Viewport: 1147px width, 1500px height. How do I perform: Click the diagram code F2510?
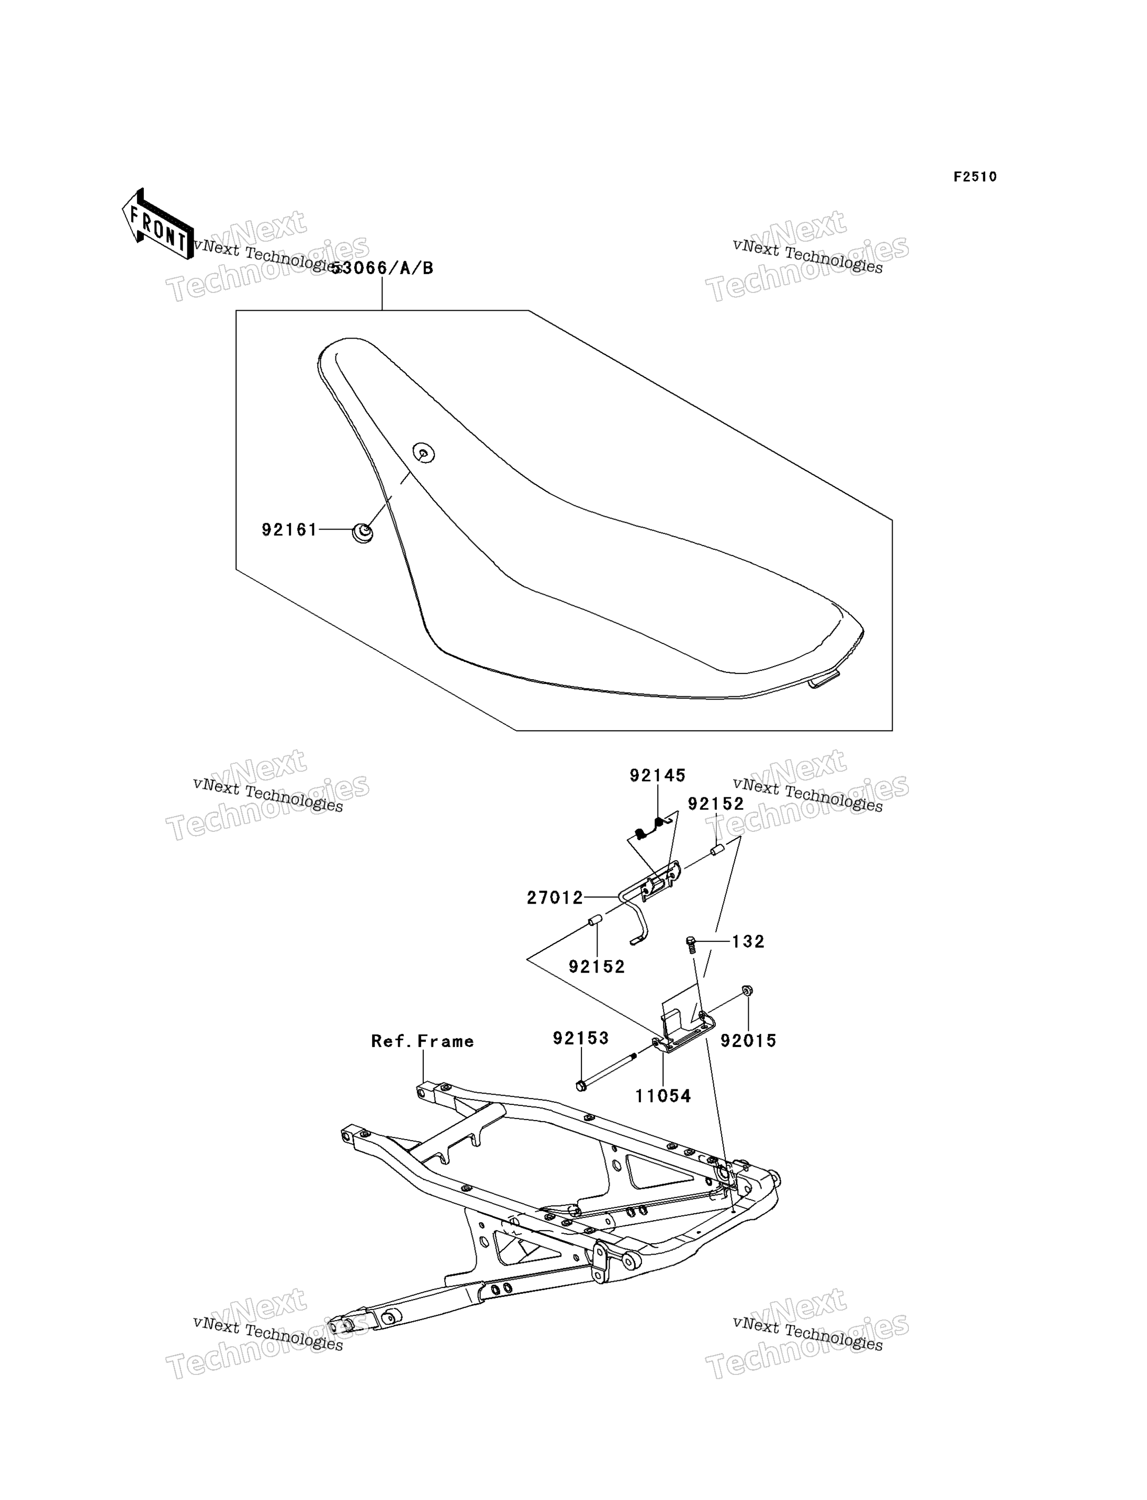975,177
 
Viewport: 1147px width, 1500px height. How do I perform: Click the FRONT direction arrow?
158,224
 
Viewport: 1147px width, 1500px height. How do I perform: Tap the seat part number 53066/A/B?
383,268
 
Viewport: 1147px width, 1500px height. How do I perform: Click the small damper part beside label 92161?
363,532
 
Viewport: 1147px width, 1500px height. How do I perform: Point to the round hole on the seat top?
424,452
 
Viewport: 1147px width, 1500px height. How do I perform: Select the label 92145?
657,775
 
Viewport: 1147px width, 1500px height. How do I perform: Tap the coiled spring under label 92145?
649,828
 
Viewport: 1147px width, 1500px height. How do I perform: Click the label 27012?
555,898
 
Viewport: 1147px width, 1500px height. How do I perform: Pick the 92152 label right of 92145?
715,804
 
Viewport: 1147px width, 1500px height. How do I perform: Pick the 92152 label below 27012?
597,967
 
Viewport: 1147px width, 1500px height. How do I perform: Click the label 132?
748,942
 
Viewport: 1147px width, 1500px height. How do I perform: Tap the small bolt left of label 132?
691,945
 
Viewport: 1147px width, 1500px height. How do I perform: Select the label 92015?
749,1041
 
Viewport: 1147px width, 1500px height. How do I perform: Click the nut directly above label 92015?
747,990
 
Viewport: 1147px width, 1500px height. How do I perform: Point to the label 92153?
581,1038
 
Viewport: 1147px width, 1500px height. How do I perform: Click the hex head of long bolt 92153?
581,1086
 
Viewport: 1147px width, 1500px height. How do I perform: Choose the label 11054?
663,1096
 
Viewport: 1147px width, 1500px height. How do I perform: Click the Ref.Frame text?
423,1041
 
